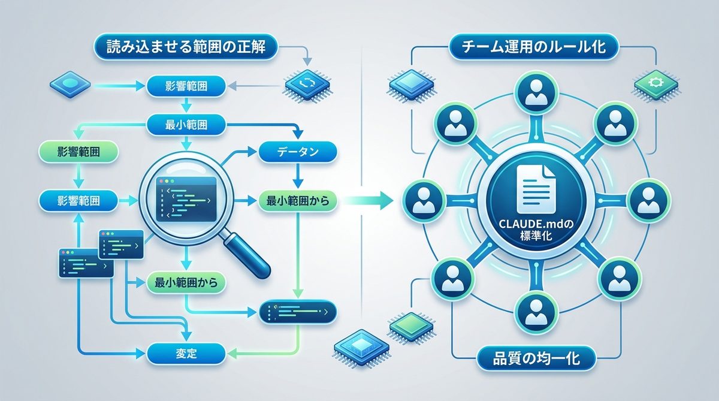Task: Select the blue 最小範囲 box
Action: (x=186, y=125)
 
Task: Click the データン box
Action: (x=297, y=152)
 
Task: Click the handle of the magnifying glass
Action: (x=248, y=255)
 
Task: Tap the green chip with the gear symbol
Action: (x=655, y=82)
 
